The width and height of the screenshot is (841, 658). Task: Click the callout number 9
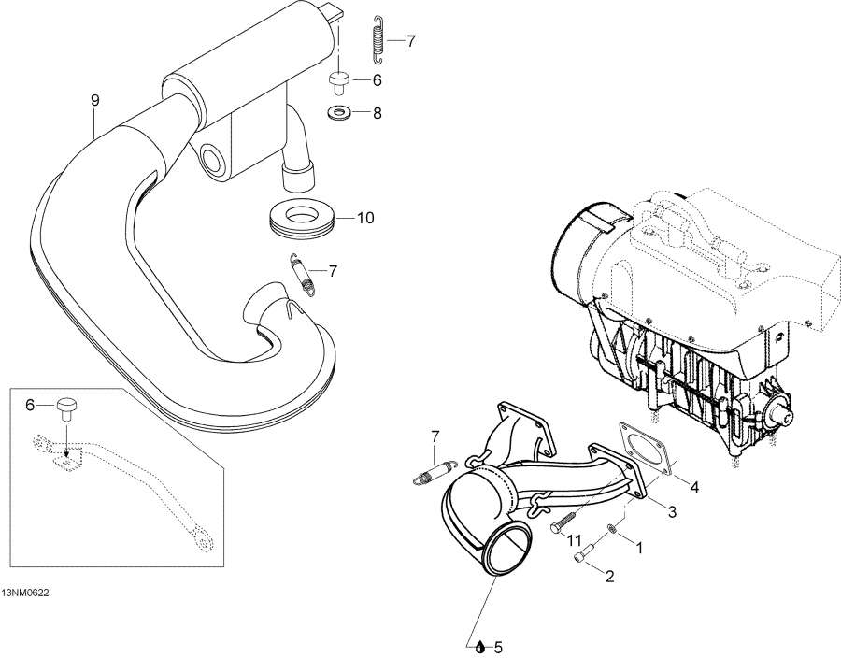93,98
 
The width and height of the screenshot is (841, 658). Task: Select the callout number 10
364,218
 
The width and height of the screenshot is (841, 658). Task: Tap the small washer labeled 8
337,113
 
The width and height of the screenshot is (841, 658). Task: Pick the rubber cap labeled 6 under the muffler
338,81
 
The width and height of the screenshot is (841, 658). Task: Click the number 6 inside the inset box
30,405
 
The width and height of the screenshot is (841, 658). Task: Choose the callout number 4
693,487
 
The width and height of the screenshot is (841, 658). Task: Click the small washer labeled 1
613,530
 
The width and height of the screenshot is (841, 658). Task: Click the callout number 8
377,113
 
